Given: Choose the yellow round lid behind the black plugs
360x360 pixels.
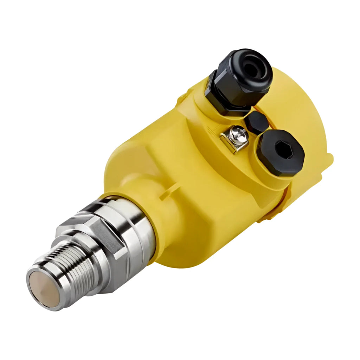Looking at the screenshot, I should coord(302,105).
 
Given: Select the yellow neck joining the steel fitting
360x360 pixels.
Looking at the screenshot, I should coord(176,225).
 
